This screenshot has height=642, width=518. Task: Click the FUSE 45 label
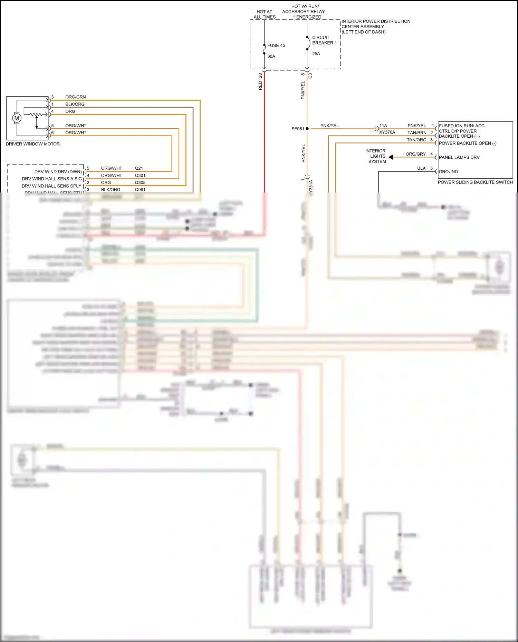[276, 46]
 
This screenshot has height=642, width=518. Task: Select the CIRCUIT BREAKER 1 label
[324, 40]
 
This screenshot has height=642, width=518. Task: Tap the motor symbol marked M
[17, 118]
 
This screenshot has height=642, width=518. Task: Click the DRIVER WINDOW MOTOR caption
[33, 144]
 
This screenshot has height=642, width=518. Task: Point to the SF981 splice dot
[307, 129]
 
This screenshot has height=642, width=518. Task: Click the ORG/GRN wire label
[75, 97]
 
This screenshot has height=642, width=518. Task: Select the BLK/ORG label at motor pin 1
[75, 104]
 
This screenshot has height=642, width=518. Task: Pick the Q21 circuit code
[139, 168]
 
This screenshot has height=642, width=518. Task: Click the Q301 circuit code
[140, 176]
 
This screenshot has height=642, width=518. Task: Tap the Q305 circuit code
[140, 182]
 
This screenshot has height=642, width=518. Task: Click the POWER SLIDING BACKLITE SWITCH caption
[475, 182]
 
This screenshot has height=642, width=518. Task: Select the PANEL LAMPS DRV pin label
[459, 157]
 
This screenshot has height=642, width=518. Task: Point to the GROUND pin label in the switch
[448, 171]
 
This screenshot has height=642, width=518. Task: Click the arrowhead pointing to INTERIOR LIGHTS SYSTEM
[391, 157]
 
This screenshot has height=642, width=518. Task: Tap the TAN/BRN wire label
[416, 133]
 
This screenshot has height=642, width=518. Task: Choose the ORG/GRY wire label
[415, 154]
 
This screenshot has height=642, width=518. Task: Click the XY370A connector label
[387, 132]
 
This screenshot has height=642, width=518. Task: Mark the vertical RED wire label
[260, 86]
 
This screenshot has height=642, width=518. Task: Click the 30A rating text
[271, 56]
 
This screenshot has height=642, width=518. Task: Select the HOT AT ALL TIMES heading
[265, 14]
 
